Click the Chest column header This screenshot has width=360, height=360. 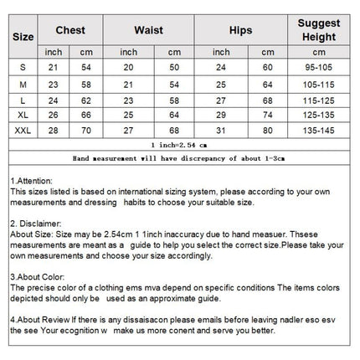70,30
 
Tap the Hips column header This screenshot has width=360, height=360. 240,30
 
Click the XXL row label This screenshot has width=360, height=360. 23,130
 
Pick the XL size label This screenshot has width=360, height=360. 23,114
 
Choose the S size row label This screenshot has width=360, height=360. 23,67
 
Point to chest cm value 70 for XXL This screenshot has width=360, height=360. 86,130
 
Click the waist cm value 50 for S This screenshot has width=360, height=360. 173,67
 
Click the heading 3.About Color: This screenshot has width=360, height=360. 40,277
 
